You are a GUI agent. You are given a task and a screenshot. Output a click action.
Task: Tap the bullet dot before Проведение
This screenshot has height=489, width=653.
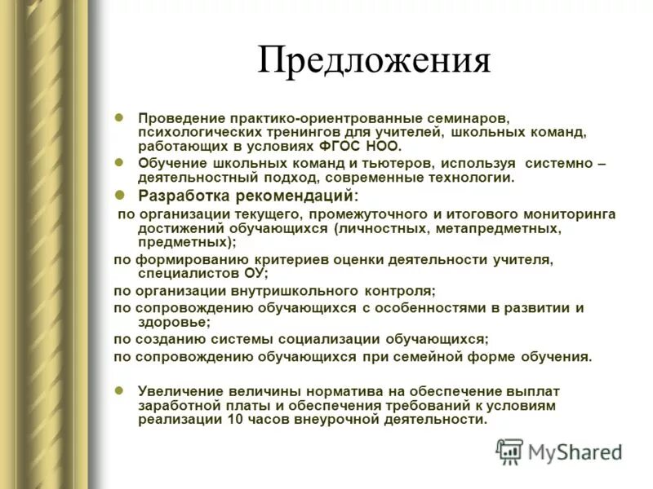point(119,117)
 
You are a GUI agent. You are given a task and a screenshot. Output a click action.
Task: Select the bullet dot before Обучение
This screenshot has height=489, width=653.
point(119,162)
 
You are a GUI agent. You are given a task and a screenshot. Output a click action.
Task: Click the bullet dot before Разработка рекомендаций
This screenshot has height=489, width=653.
point(119,195)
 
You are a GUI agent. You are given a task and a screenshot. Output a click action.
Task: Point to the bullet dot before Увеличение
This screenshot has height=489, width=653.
point(119,390)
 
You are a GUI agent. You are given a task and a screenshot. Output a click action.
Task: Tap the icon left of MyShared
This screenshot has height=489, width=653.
point(509,452)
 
